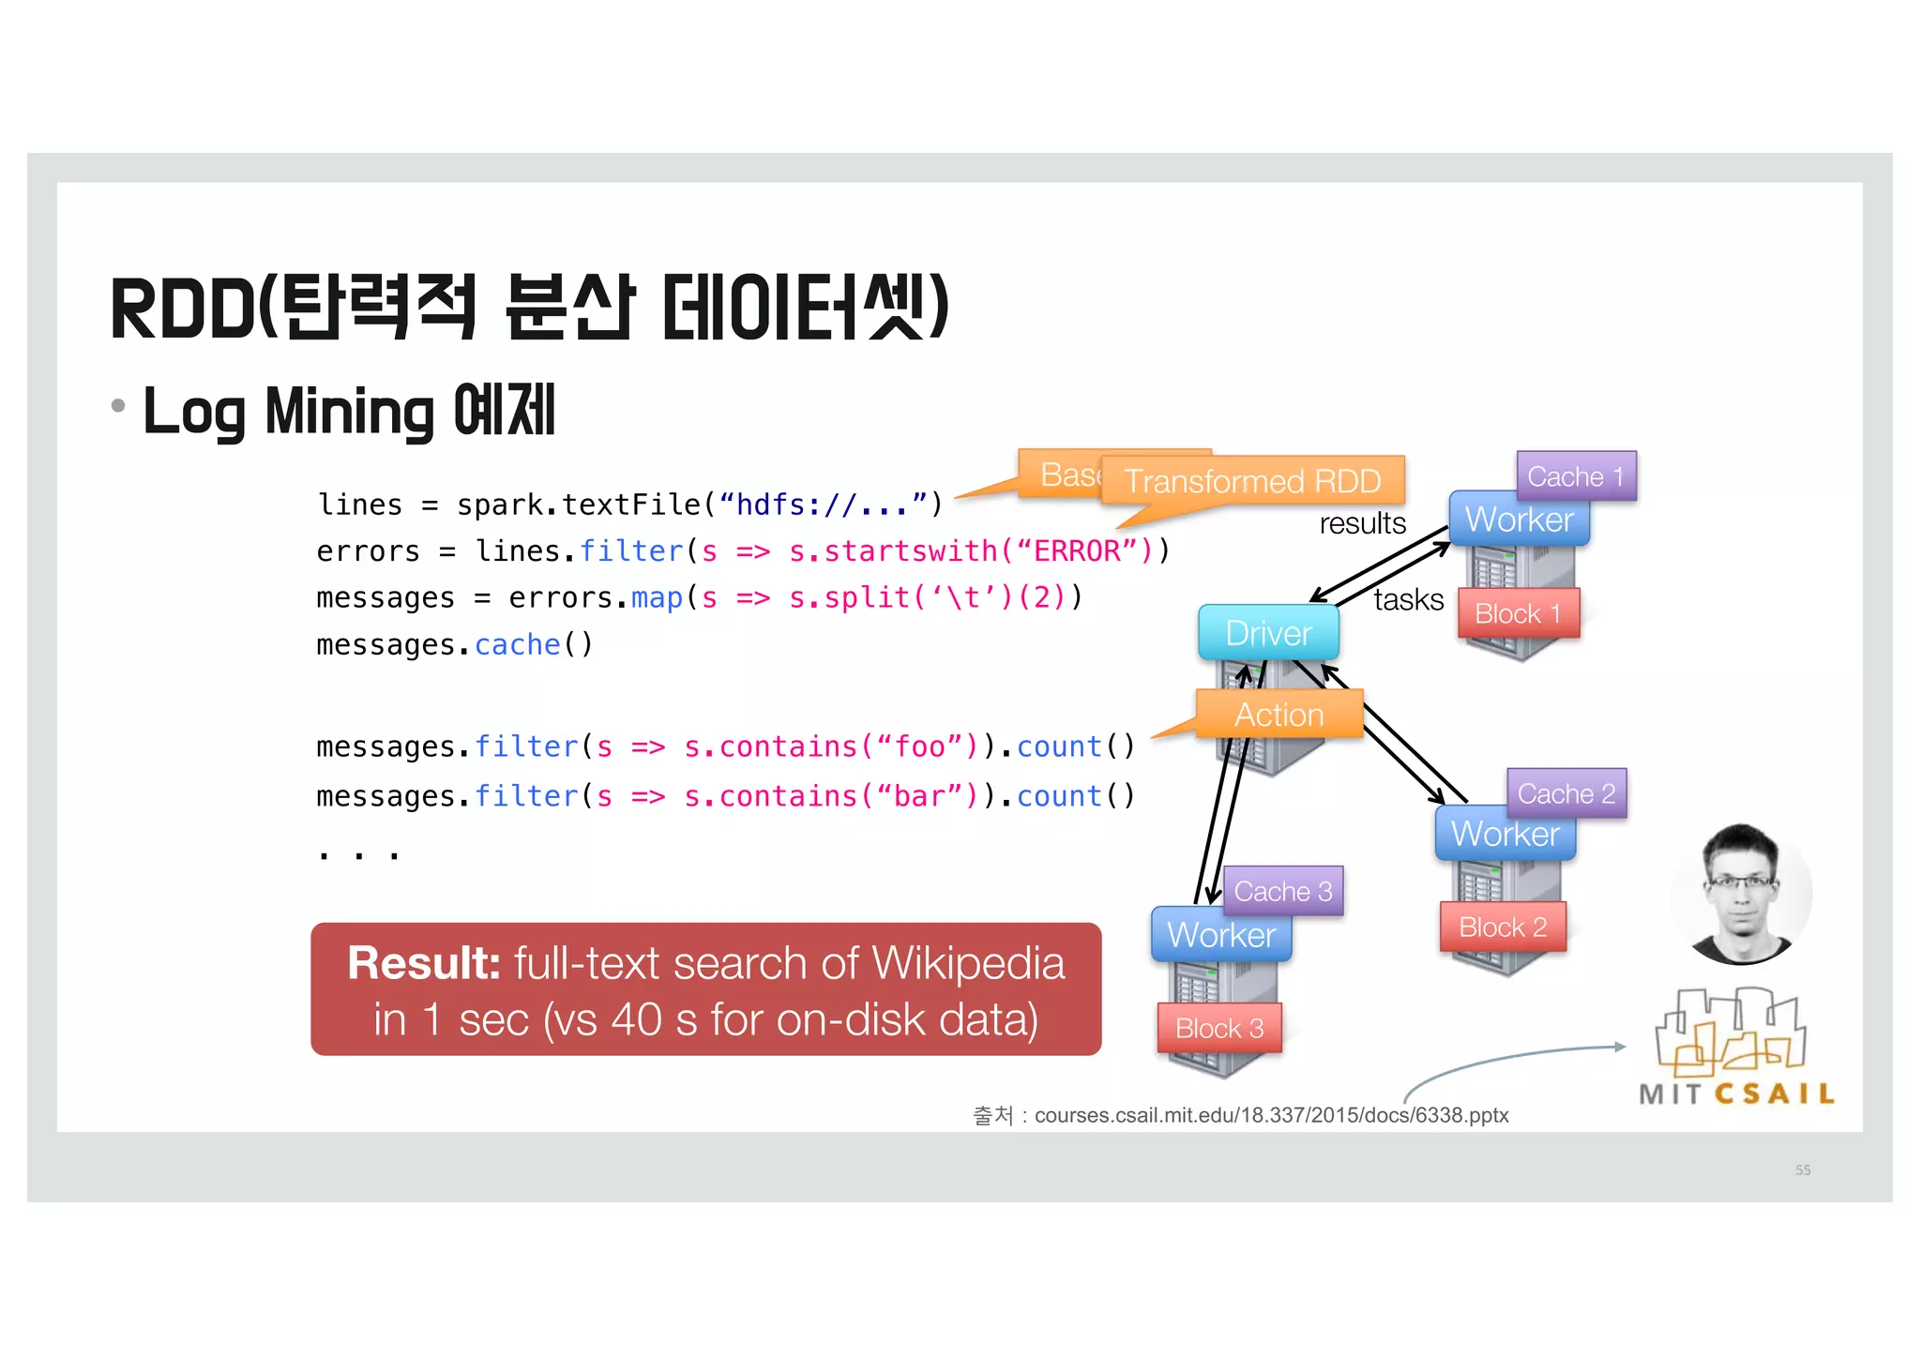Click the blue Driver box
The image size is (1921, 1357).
coord(1268,633)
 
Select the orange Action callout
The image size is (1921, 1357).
coord(1278,715)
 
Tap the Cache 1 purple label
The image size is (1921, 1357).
coord(1576,476)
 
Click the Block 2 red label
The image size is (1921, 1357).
coord(1503,927)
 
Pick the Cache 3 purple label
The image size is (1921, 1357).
coord(1283,891)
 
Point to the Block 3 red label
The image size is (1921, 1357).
coord(1219,1028)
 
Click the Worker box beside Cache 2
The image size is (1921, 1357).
coord(1505,834)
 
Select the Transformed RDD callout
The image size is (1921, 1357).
coord(1252,481)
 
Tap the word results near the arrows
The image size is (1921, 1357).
coord(1362,523)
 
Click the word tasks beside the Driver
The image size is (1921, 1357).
coord(1408,599)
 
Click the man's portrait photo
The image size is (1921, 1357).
coord(1741,894)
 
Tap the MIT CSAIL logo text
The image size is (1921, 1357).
coord(1736,1093)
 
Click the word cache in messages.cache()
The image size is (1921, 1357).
coord(517,645)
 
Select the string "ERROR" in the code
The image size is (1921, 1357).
coord(1077,550)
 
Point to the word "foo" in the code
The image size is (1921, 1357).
coord(919,746)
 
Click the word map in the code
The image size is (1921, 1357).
coord(657,597)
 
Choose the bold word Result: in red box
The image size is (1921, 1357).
coord(424,963)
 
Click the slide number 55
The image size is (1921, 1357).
coord(1803,1169)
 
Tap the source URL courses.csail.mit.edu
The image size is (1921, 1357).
coord(1271,1115)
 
